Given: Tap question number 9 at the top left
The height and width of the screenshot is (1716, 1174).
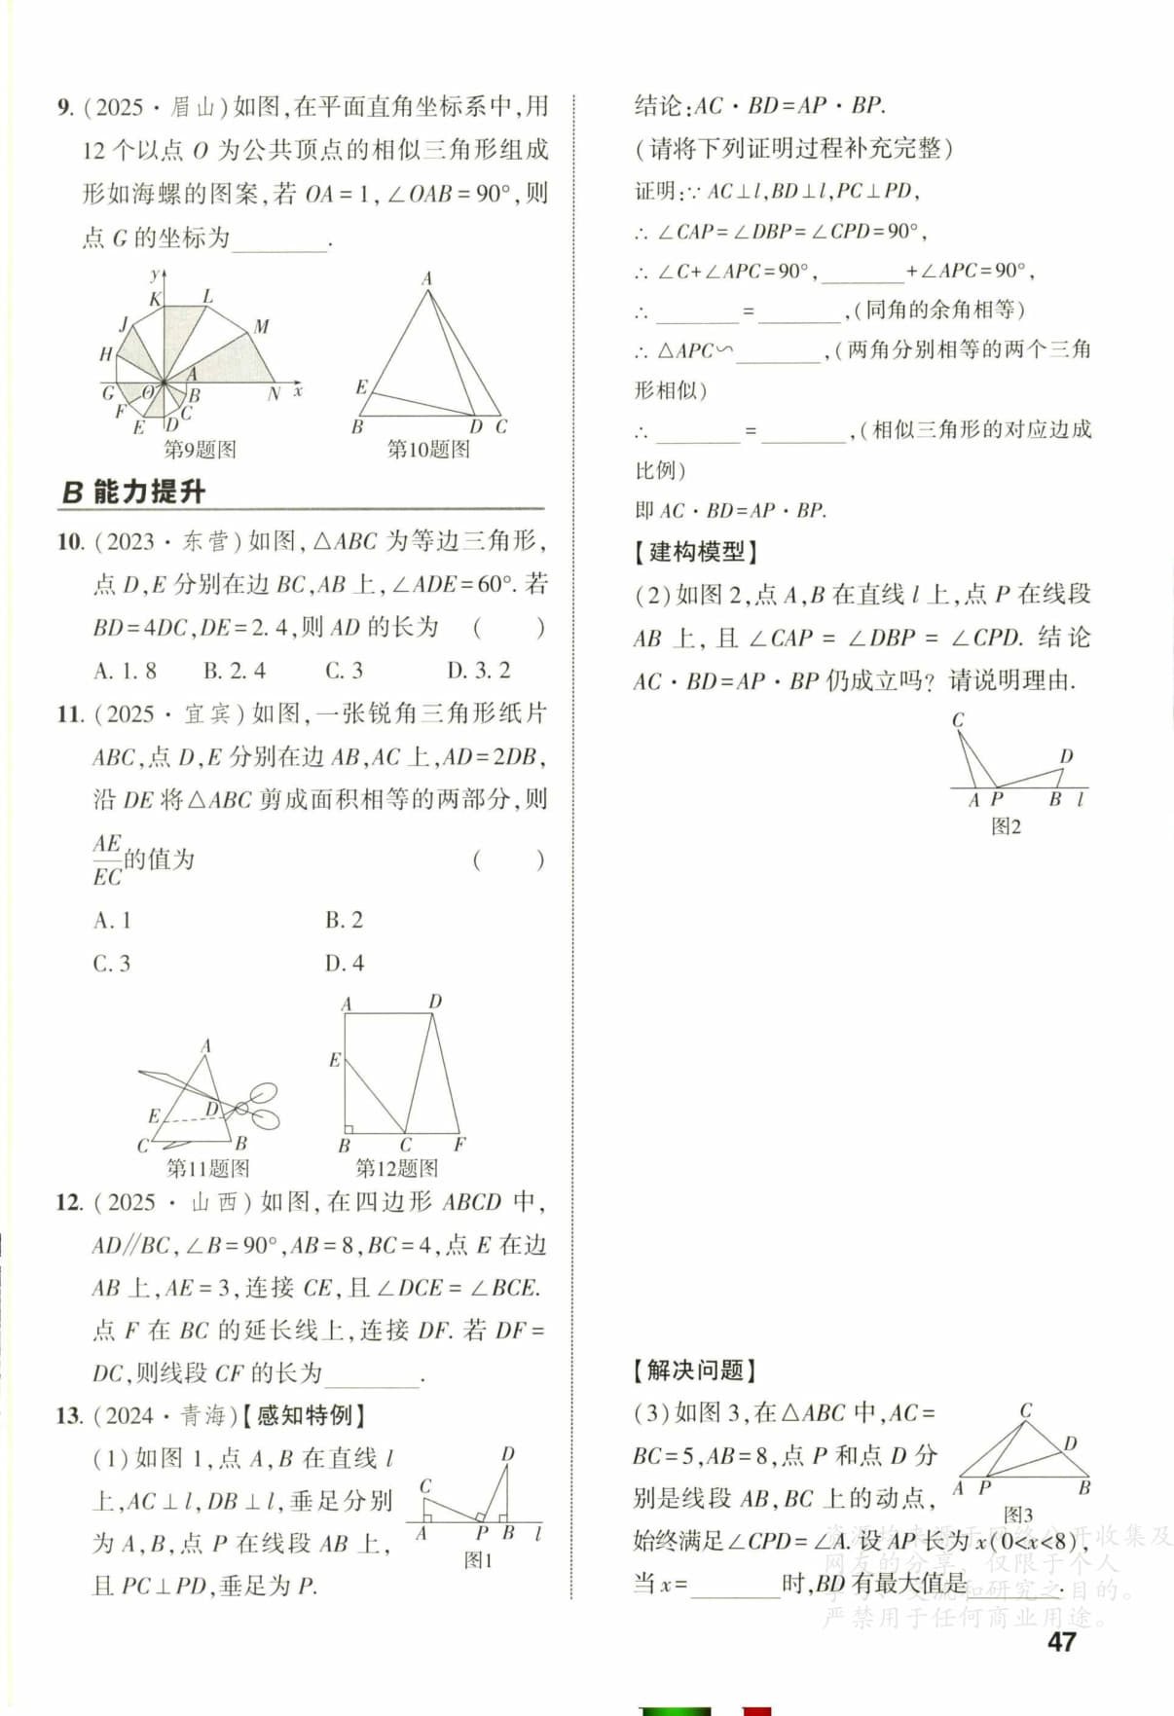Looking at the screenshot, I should [64, 107].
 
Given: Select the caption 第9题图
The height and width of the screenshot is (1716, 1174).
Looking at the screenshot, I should [199, 450].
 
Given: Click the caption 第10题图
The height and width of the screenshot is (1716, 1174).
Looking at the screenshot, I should [428, 450].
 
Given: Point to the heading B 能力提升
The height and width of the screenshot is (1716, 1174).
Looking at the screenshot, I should [133, 492].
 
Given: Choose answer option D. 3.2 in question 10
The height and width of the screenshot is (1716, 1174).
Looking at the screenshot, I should [478, 671].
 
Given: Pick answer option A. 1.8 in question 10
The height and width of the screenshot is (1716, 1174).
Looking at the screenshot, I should [125, 671].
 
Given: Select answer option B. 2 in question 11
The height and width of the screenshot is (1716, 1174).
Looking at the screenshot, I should [344, 920].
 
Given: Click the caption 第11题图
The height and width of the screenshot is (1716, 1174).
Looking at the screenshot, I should [207, 1168].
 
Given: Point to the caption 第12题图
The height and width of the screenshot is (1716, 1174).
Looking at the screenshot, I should [396, 1168].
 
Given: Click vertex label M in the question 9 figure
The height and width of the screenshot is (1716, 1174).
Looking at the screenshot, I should [261, 327].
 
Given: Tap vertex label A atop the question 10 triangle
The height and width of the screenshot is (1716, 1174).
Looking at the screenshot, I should [426, 279].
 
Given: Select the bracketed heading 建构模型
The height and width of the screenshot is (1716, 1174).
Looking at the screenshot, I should [695, 553].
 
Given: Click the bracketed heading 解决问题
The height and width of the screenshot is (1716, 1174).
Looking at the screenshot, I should [694, 1370].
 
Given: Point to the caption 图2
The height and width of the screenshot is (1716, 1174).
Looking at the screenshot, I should [1006, 827].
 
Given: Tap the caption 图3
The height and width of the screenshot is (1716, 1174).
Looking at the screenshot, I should [1018, 1515].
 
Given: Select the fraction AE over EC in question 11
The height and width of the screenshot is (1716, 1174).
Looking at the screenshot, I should [107, 860].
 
